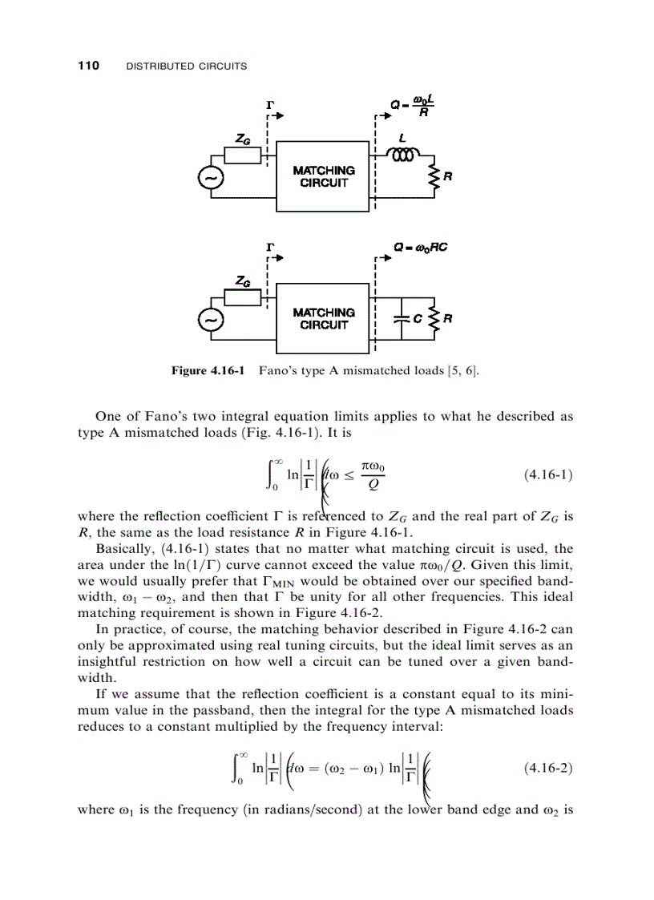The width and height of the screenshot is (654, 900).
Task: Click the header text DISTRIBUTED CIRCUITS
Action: (x=187, y=67)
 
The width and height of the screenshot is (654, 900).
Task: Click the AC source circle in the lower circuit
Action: (x=211, y=319)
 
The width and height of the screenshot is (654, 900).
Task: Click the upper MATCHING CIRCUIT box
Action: (x=324, y=176)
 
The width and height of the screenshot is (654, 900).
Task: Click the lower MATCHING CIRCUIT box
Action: (x=324, y=318)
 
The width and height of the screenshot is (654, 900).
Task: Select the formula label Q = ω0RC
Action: (x=419, y=247)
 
